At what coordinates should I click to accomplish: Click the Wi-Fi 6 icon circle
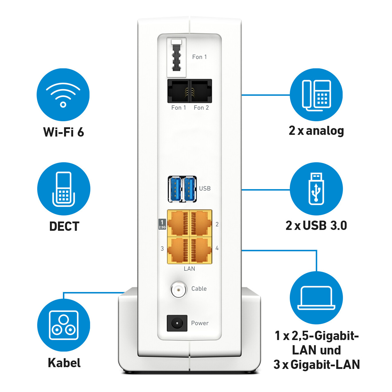click(x=63, y=95)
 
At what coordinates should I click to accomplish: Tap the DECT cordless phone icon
click(x=63, y=189)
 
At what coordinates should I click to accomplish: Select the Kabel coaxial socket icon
click(x=63, y=325)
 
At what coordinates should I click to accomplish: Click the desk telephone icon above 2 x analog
click(x=316, y=95)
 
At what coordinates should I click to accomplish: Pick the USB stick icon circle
click(x=316, y=189)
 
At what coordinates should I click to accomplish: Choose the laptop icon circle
click(x=316, y=298)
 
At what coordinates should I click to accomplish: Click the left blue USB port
click(x=175, y=189)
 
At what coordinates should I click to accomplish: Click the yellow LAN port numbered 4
click(x=201, y=250)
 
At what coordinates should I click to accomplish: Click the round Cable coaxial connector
click(x=178, y=289)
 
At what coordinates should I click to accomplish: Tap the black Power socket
click(x=177, y=323)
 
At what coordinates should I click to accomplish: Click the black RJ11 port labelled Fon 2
click(x=201, y=91)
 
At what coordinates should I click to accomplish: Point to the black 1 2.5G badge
click(x=162, y=224)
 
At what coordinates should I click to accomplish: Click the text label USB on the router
click(x=205, y=188)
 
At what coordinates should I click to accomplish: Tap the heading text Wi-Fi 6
click(x=64, y=132)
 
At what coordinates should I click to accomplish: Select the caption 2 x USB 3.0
click(x=316, y=225)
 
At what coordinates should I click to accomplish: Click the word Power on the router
click(x=200, y=323)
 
